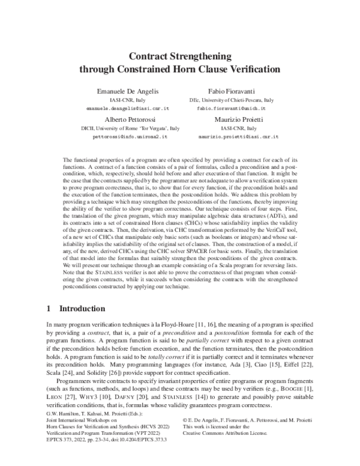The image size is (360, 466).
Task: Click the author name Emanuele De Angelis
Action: pyautogui.click(x=128, y=91)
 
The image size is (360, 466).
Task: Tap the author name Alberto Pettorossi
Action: pyautogui.click(x=129, y=120)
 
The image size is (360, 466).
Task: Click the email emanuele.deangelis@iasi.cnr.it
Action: pyautogui.click(x=129, y=109)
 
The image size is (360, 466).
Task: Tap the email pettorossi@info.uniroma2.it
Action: pyautogui.click(x=129, y=138)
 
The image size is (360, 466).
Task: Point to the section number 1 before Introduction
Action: pyautogui.click(x=49, y=309)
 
